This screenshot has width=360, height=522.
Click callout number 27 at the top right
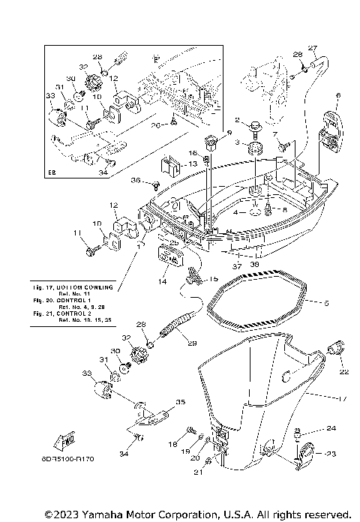pyautogui.click(x=313, y=48)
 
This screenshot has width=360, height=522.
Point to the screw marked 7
pyautogui.click(x=283, y=148)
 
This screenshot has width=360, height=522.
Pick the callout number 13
pyautogui.click(x=192, y=164)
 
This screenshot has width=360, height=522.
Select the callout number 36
pyautogui.click(x=135, y=180)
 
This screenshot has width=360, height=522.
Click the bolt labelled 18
pyautogui.click(x=190, y=436)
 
